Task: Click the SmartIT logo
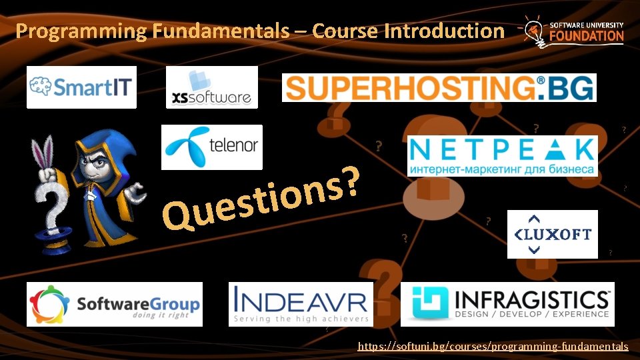[x=81, y=87]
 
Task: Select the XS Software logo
[x=211, y=87]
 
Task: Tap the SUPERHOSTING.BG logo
[x=439, y=87]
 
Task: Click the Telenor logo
[x=212, y=147]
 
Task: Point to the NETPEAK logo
[x=502, y=156]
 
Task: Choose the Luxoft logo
[x=552, y=234]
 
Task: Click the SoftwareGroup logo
[x=114, y=304]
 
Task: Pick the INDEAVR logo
[x=301, y=304]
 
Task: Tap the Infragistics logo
[x=507, y=304]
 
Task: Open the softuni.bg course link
[x=493, y=346]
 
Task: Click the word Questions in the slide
[x=263, y=197]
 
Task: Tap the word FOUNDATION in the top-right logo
[x=587, y=36]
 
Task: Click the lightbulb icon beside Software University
[x=534, y=30]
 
